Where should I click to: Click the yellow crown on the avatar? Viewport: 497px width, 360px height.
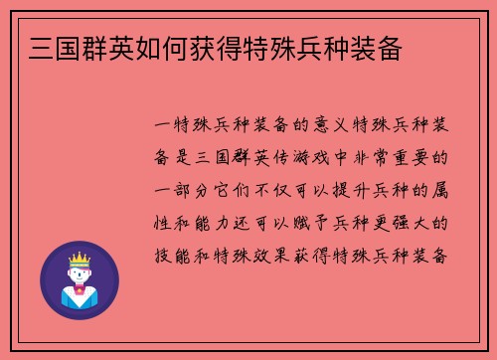(x=78, y=259)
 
